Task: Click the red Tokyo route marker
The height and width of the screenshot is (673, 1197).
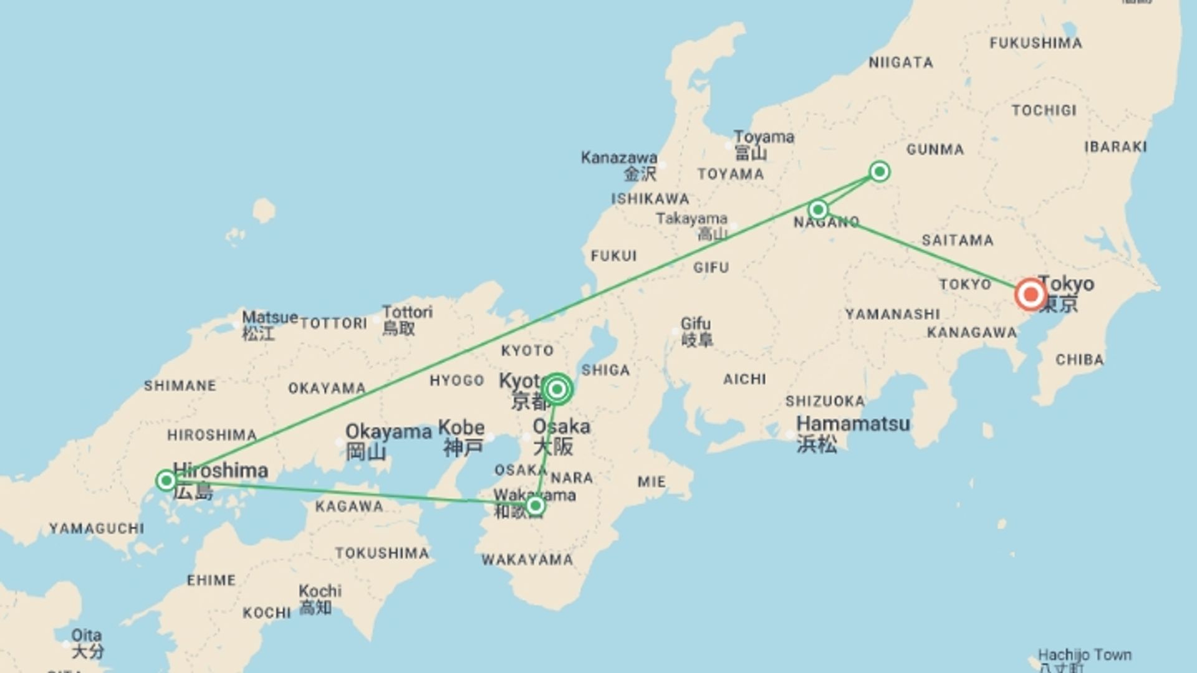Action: tap(1030, 294)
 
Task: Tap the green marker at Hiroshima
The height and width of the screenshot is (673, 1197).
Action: tap(166, 480)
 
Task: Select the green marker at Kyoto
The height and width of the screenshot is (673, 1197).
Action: tap(557, 389)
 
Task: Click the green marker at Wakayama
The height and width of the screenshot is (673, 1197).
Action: tap(535, 505)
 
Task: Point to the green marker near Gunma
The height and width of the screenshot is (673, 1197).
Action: tap(879, 171)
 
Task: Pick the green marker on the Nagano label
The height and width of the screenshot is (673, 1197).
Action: tap(818, 209)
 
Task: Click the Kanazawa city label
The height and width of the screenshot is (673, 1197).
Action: tap(618, 158)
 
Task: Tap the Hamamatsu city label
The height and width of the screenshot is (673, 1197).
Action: tap(853, 424)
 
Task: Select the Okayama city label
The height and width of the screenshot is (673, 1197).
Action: tap(388, 432)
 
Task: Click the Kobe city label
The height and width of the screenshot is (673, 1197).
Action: tap(461, 428)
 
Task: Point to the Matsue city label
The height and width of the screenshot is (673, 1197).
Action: tap(269, 317)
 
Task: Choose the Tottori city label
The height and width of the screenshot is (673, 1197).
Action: tap(407, 312)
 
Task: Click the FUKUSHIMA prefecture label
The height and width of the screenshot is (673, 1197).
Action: tap(1036, 43)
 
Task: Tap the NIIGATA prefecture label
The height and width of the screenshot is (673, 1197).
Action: tap(901, 62)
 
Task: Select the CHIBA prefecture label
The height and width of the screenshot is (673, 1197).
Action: tap(1079, 360)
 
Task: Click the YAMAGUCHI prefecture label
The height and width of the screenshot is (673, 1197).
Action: tap(97, 528)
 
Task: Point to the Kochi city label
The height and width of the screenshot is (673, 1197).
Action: tap(320, 591)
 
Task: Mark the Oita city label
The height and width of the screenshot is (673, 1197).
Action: tap(86, 636)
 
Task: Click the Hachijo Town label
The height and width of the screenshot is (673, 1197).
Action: tap(1084, 656)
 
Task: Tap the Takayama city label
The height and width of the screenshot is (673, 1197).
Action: tap(691, 219)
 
